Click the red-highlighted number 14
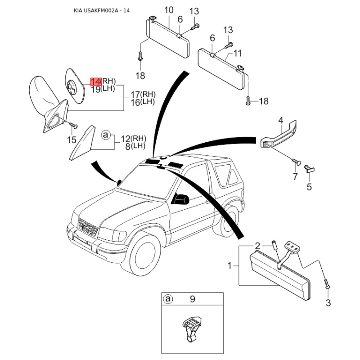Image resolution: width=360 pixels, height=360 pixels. (x=96, y=81)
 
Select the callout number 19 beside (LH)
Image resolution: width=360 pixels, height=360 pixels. (x=96, y=89)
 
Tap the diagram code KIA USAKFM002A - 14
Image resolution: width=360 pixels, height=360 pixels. (x=102, y=10)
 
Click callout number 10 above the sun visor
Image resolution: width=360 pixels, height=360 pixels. (x=169, y=10)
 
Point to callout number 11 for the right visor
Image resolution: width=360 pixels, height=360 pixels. (x=237, y=53)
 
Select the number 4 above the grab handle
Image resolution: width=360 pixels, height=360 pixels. (x=281, y=121)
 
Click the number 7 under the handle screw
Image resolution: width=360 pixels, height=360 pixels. (x=295, y=176)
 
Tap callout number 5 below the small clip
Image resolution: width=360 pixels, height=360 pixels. (x=309, y=187)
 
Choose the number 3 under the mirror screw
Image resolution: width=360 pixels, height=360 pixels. (x=328, y=303)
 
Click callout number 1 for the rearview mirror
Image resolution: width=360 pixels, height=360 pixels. (x=229, y=266)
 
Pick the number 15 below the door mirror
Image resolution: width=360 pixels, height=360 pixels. (x=72, y=139)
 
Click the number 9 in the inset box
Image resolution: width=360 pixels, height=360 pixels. (x=193, y=299)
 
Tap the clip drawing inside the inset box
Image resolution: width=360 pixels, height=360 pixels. (x=191, y=328)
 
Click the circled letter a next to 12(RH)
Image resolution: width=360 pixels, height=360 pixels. (x=106, y=135)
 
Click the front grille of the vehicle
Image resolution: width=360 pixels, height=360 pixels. (x=88, y=228)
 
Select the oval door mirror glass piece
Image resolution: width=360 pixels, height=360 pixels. (x=75, y=85)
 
